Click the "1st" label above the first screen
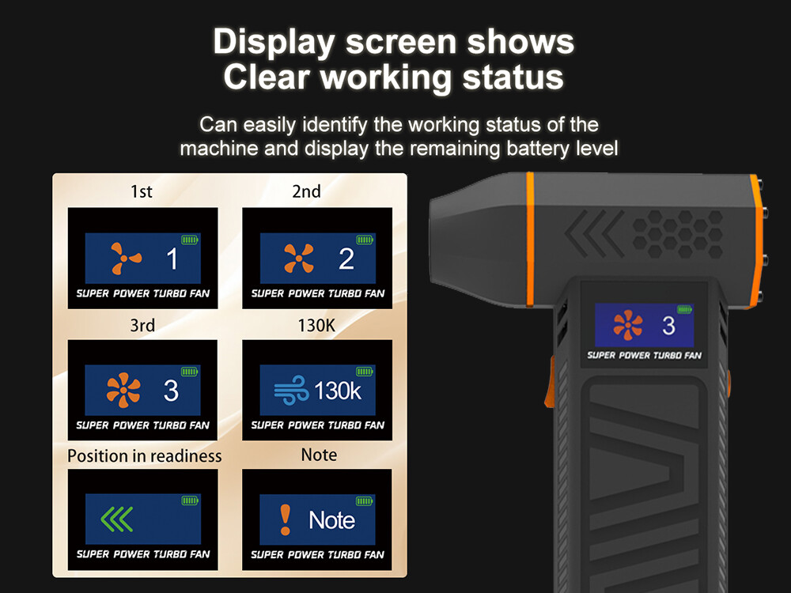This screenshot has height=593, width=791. (x=142, y=191)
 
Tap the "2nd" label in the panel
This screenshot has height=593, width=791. (x=306, y=191)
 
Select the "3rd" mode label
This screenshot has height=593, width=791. (x=142, y=325)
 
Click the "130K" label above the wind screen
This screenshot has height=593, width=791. (x=316, y=325)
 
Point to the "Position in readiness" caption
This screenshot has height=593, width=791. (x=144, y=456)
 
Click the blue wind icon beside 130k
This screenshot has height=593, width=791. (x=291, y=390)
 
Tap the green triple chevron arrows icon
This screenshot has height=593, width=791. (x=117, y=519)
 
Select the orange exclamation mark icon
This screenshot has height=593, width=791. (x=286, y=520)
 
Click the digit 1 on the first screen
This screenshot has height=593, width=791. (x=172, y=259)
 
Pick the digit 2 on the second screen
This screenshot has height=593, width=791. (x=346, y=259)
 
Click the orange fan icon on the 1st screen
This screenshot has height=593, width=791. (x=126, y=259)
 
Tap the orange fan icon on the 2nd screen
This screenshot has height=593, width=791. (x=299, y=259)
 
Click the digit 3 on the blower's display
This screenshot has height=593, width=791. (x=668, y=326)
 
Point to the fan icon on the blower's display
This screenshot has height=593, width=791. (x=627, y=325)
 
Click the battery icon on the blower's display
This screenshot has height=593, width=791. (x=684, y=310)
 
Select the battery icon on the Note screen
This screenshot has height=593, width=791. (x=364, y=500)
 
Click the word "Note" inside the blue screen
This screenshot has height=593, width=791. (x=331, y=520)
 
